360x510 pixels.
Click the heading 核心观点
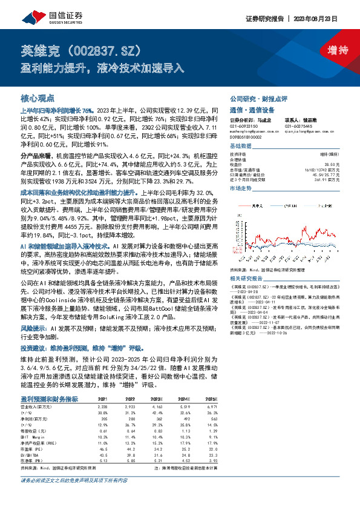38,98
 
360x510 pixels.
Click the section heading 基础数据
241,147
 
